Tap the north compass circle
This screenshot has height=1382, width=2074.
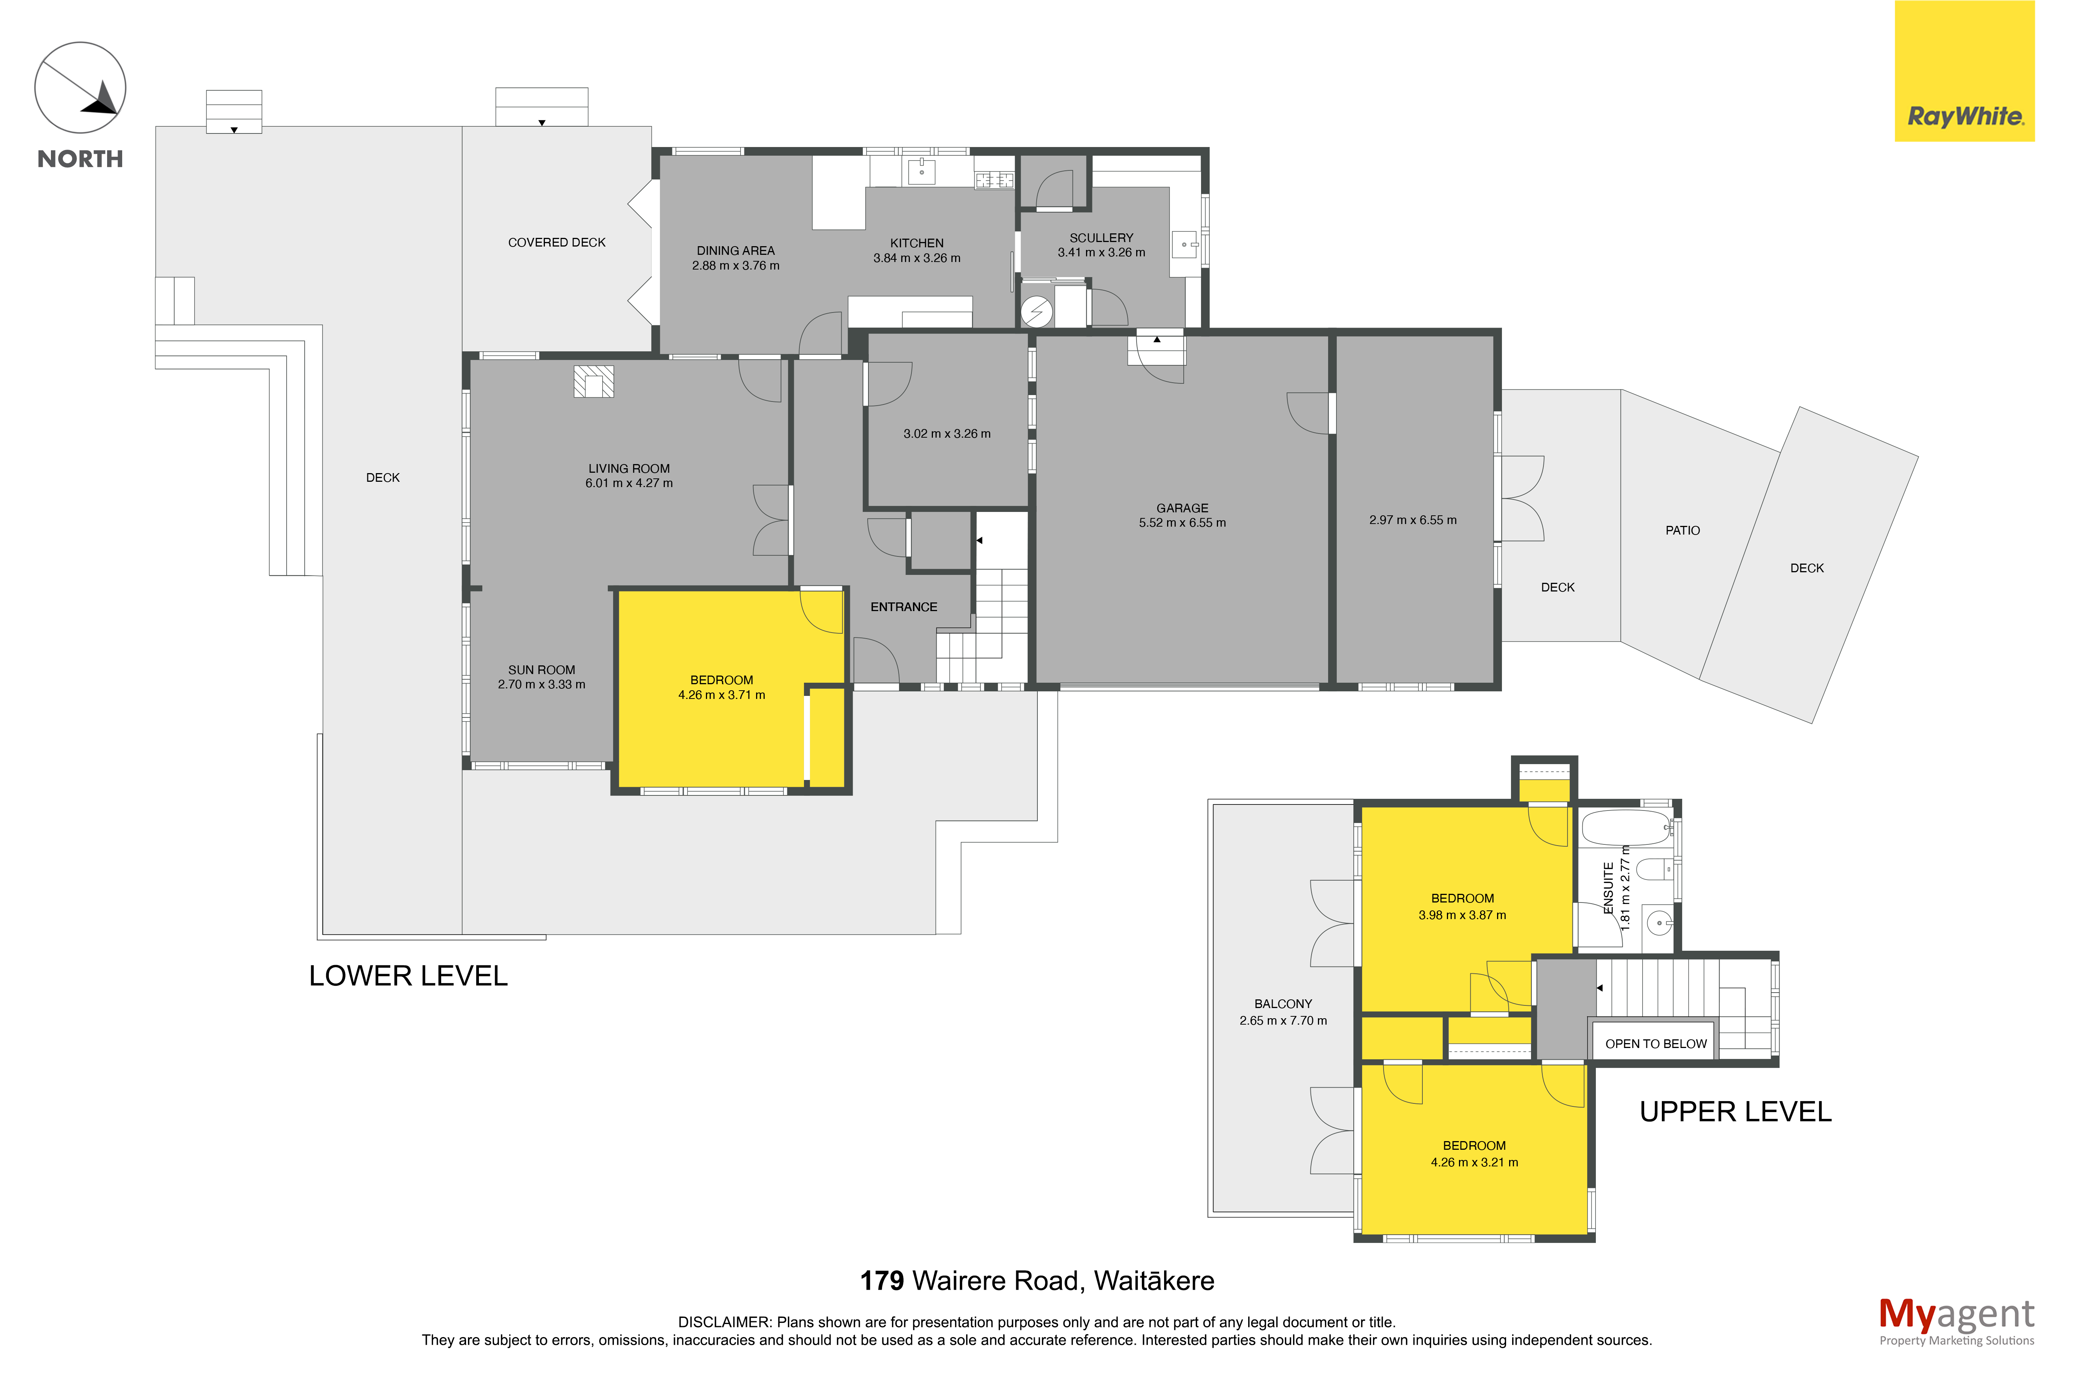[x=80, y=88]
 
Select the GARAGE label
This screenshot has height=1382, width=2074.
[x=1182, y=509]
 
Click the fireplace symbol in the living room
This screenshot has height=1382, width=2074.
[x=594, y=382]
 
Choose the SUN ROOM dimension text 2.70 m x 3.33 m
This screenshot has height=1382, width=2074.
[x=541, y=685]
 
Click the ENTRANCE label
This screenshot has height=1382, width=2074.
[x=904, y=607]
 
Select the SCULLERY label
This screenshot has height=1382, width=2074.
[x=1101, y=238]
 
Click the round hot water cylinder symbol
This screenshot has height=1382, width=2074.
[x=1037, y=312]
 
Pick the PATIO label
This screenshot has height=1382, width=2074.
[x=1682, y=530]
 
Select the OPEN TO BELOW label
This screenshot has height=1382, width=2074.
[x=1655, y=1043]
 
